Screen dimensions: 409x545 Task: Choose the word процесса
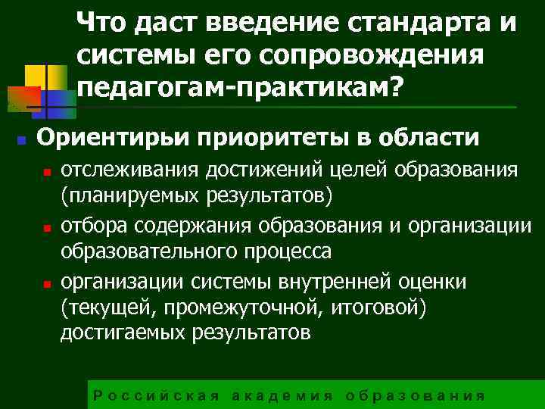point(288,251)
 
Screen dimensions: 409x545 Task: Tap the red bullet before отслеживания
point(47,173)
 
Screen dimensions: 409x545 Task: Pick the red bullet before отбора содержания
point(47,227)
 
